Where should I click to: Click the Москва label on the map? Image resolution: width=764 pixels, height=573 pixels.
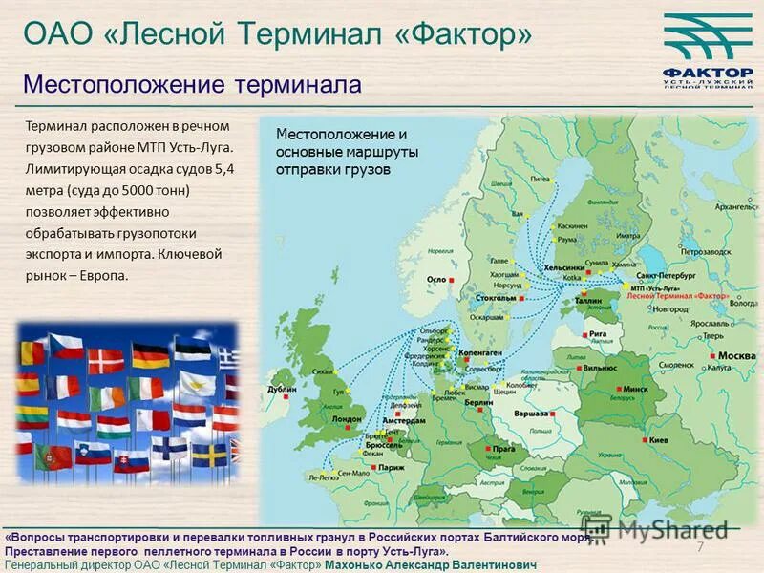(x=736, y=356)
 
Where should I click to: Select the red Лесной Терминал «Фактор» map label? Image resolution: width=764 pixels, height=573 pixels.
(x=678, y=295)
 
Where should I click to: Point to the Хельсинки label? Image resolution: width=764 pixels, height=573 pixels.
(x=563, y=268)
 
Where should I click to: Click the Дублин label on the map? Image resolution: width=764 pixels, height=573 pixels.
(x=283, y=390)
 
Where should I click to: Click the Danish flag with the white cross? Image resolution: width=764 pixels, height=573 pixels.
(x=105, y=360)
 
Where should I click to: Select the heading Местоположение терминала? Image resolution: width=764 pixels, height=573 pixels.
(x=192, y=84)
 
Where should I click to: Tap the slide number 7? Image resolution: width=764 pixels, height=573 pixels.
(x=699, y=546)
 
